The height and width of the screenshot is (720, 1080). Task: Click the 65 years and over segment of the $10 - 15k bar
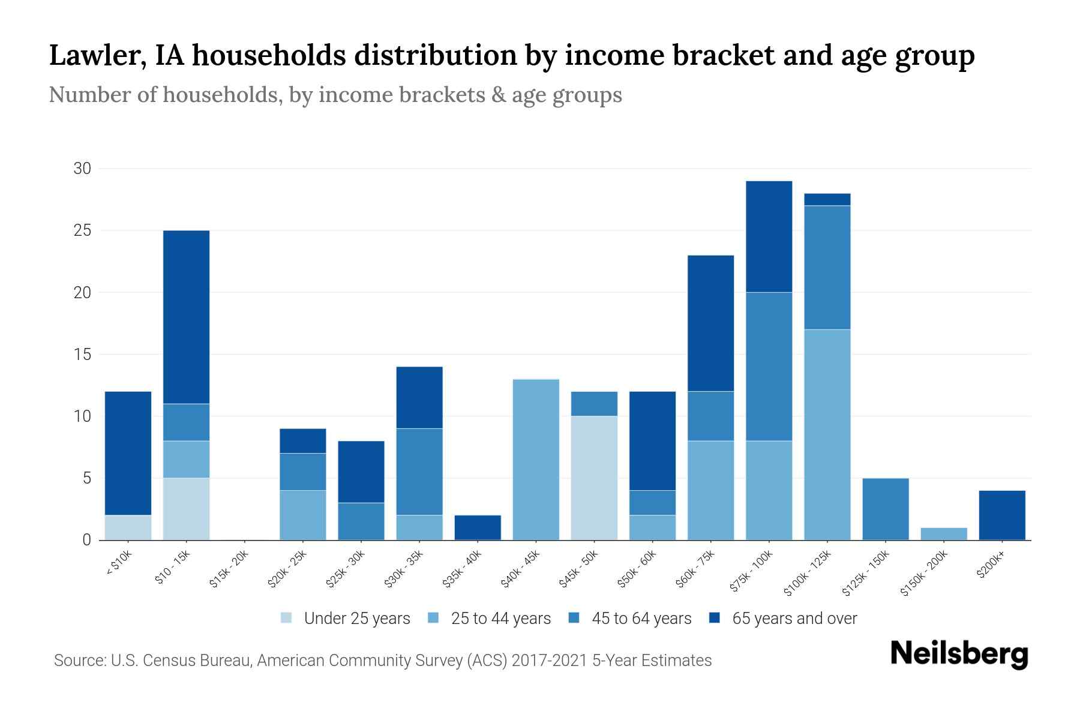(x=186, y=317)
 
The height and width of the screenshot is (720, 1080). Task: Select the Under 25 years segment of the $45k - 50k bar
(x=594, y=478)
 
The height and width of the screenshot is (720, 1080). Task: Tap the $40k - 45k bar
(x=536, y=460)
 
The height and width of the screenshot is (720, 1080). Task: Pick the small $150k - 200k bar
(x=944, y=533)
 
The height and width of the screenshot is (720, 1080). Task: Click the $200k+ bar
(x=1002, y=515)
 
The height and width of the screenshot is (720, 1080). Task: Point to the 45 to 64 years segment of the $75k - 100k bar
(x=769, y=367)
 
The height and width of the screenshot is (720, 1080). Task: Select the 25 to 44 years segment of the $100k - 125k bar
(x=827, y=434)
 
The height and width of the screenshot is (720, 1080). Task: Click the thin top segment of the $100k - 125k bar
(x=827, y=199)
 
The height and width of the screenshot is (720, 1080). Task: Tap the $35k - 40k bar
(x=478, y=527)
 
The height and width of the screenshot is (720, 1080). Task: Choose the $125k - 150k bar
(x=886, y=509)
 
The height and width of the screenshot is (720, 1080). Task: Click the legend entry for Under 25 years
(x=356, y=619)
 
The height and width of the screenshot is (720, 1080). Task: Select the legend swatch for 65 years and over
(x=715, y=618)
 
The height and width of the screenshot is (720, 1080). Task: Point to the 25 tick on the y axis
(x=82, y=230)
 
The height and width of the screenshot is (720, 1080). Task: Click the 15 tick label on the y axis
(x=82, y=355)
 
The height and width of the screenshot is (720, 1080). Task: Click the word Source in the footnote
(x=79, y=661)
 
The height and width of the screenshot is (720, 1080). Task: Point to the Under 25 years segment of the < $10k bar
(x=128, y=527)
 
